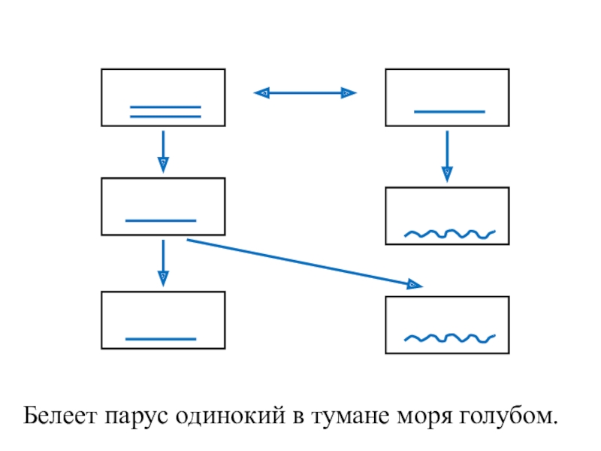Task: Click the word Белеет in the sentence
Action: coord(60,416)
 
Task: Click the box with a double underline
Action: coord(163,97)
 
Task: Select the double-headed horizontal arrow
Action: coord(305,93)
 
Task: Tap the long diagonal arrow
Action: coord(300,262)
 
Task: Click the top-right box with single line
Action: coord(447,97)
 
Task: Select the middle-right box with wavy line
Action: coord(447,216)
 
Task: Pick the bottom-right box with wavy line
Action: coord(447,325)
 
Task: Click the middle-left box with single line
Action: coord(163,206)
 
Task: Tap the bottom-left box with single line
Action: coord(163,320)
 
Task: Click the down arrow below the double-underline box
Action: coord(163,150)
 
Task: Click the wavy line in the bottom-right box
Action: coord(449,337)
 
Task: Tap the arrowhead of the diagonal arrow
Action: coord(414,285)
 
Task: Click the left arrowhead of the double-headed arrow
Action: coord(263,93)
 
